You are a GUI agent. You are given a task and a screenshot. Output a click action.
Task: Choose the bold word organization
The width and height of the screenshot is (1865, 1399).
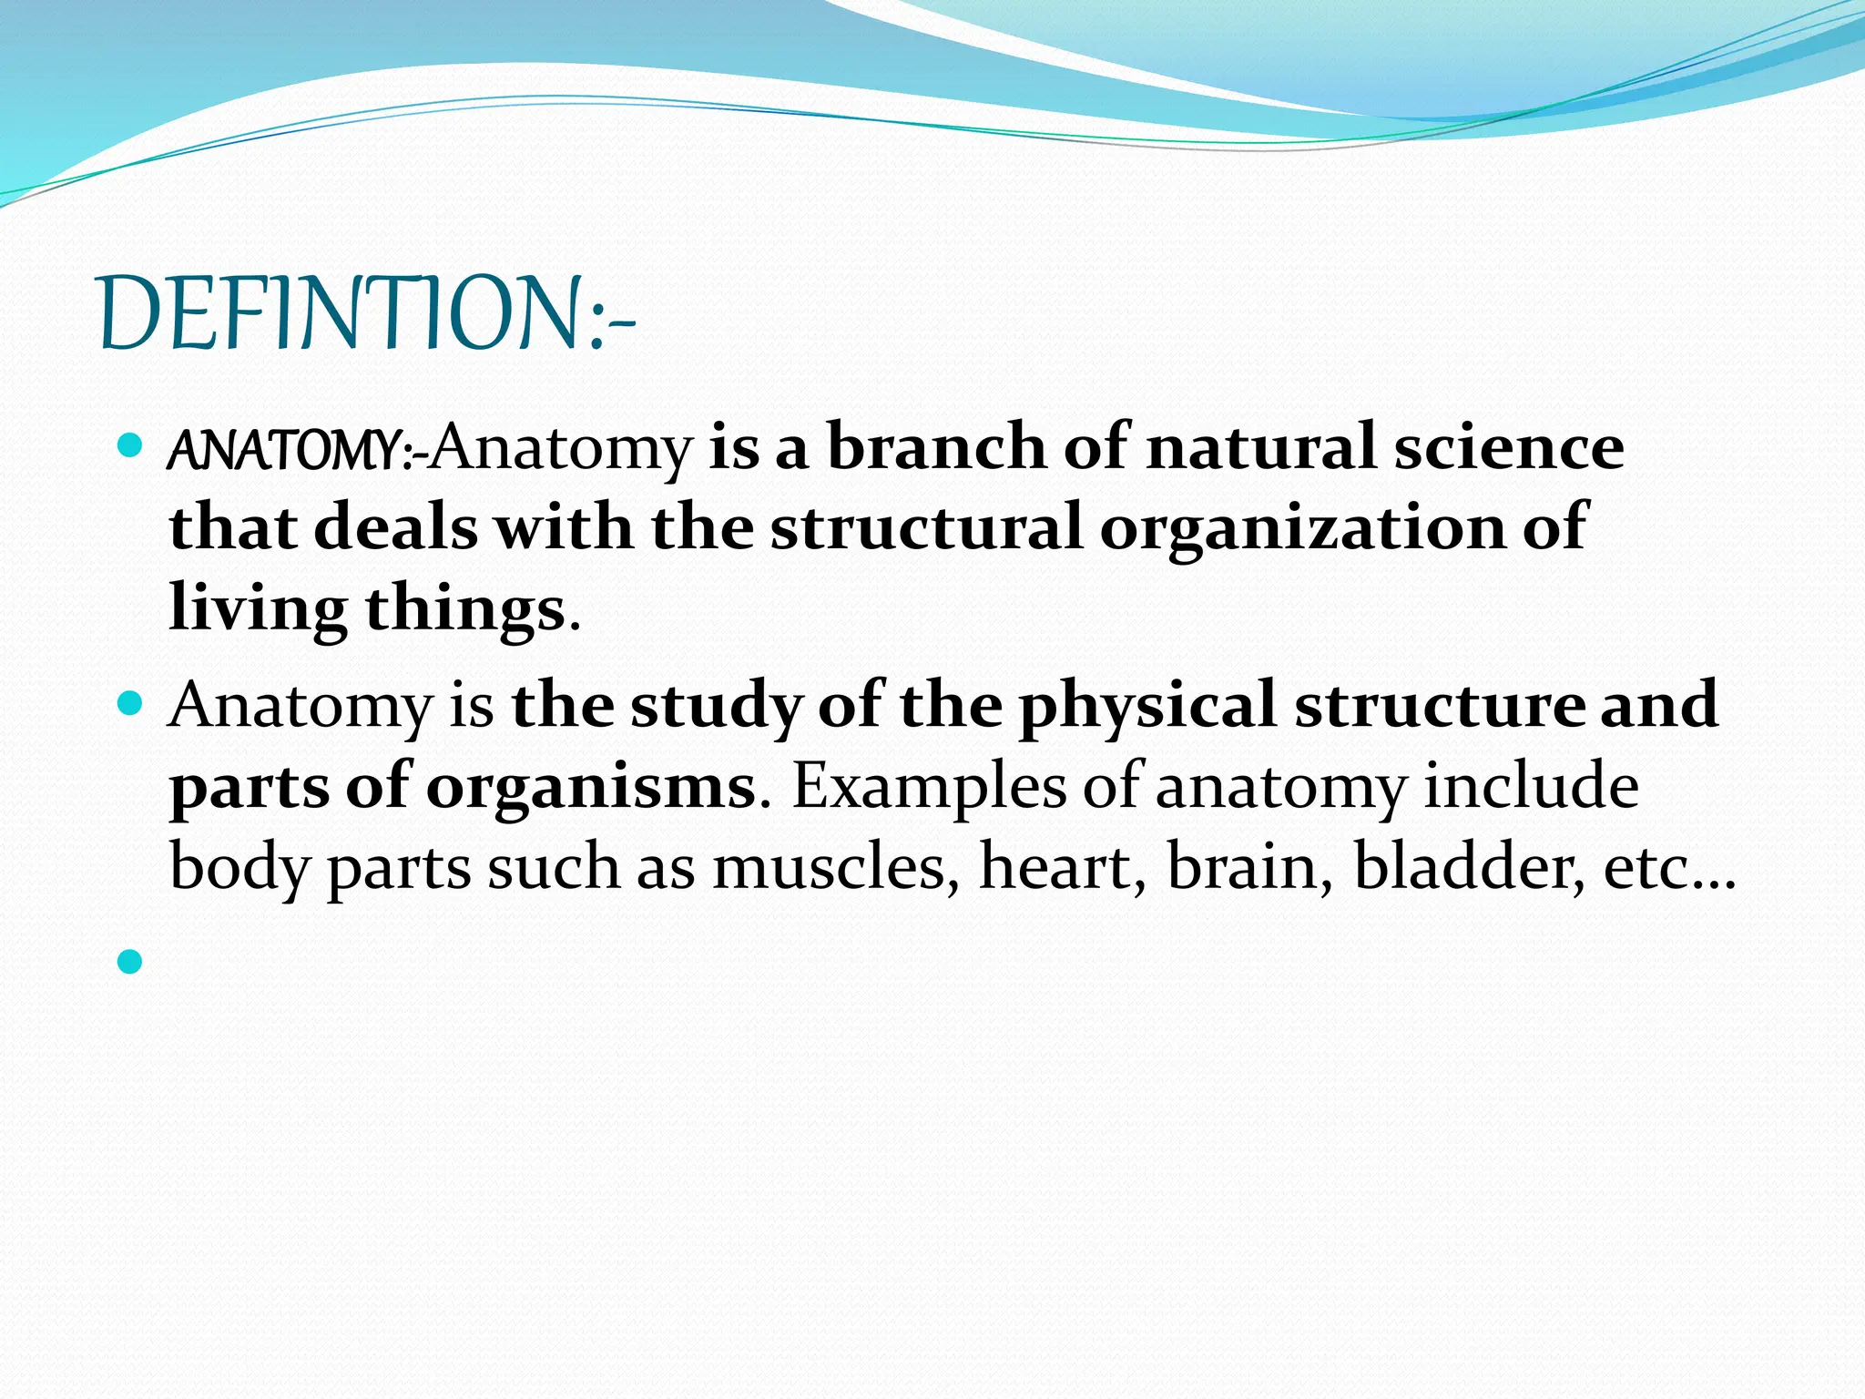tap(1302, 528)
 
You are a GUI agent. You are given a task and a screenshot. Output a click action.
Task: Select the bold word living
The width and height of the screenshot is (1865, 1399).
tap(258, 608)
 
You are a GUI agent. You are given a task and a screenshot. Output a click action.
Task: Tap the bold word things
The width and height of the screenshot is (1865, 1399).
tap(465, 608)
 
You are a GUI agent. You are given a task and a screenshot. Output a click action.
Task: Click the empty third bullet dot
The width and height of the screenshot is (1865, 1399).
tap(130, 961)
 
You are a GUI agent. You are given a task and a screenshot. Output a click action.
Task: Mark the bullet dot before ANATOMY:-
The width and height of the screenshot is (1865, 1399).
tap(130, 445)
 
